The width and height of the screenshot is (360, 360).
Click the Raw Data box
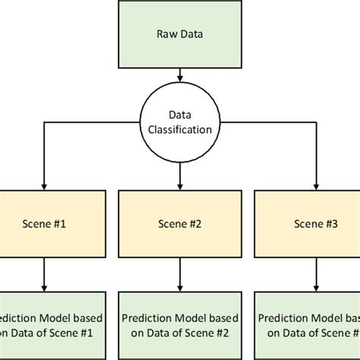click(179, 34)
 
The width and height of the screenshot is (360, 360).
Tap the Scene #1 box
click(45, 224)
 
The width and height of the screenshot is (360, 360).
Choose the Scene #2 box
click(179, 224)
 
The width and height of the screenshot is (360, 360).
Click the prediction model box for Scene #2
click(179, 325)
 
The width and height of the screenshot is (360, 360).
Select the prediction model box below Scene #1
click(45, 325)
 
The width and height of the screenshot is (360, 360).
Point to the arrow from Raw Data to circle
click(179, 75)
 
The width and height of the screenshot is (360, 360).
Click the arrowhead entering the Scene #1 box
click(45, 185)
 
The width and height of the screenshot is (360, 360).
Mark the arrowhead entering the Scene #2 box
click(179, 185)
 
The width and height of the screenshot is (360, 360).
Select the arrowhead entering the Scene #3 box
click(313, 185)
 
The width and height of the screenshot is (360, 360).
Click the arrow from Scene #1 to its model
click(45, 274)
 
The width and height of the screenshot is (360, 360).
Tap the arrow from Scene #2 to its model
click(179, 274)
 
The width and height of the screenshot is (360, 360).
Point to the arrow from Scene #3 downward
click(313, 274)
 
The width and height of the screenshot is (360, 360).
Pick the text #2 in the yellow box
click(194, 224)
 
